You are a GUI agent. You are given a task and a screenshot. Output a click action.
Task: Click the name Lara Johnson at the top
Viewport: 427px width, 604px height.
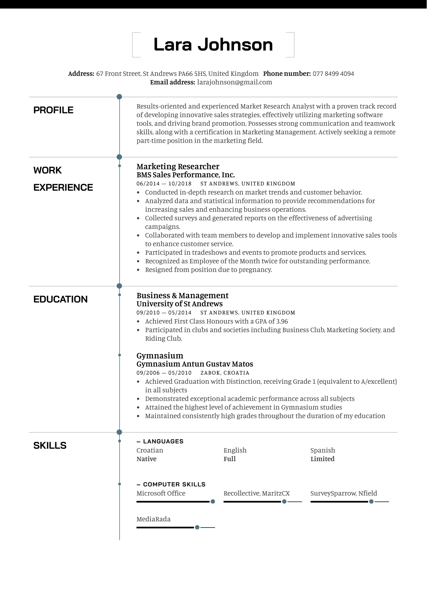pyautogui.click(x=213, y=45)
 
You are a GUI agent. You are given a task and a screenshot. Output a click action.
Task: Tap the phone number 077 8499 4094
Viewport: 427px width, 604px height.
pyautogui.click(x=333, y=74)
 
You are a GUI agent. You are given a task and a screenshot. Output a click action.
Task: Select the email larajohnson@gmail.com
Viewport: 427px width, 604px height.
pyautogui.click(x=234, y=82)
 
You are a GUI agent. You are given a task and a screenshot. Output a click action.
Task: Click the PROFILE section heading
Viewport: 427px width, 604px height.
pyautogui.click(x=53, y=110)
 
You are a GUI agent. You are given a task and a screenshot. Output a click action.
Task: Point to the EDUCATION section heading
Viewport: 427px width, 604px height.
pyautogui.click(x=60, y=299)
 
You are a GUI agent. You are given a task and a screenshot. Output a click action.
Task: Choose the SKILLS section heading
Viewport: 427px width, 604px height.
pyautogui.click(x=50, y=445)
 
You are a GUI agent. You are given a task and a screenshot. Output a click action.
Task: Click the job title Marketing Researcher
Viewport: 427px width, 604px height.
pyautogui.click(x=178, y=166)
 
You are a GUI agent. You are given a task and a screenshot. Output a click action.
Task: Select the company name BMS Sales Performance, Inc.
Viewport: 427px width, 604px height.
pyautogui.click(x=186, y=175)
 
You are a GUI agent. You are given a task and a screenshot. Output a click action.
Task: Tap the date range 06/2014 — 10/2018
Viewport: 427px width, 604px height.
pyautogui.click(x=164, y=184)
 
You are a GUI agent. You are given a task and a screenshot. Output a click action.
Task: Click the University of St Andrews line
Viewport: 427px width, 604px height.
pyautogui.click(x=179, y=304)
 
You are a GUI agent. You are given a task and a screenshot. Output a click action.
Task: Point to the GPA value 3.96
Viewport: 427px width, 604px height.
pyautogui.click(x=282, y=321)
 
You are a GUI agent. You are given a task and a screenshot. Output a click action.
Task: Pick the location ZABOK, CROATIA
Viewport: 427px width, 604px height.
pyautogui.click(x=225, y=373)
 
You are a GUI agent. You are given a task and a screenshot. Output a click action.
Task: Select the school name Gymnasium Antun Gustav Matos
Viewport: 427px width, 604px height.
pyautogui.click(x=195, y=364)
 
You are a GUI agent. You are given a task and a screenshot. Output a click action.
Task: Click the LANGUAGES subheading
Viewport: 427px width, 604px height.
pyautogui.click(x=163, y=441)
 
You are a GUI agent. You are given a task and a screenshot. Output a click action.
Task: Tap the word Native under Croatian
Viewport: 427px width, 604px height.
pyautogui.click(x=146, y=459)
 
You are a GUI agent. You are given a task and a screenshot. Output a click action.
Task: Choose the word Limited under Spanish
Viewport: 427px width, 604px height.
pyautogui.click(x=322, y=459)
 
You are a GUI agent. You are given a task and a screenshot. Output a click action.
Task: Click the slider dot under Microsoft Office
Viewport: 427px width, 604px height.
pyautogui.click(x=213, y=501)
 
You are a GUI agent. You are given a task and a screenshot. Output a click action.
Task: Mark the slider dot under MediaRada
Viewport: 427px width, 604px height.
pyautogui.click(x=197, y=527)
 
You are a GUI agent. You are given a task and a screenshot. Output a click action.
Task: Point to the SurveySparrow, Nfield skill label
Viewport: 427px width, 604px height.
pyautogui.click(x=344, y=493)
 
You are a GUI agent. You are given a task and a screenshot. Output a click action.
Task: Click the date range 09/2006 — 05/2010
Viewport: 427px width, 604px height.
pyautogui.click(x=164, y=373)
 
